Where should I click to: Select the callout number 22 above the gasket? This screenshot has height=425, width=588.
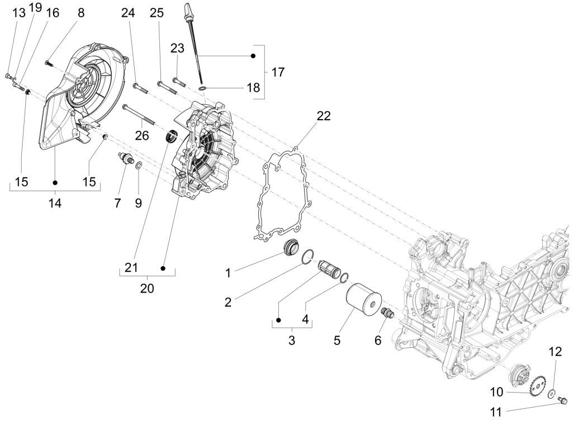(324, 116)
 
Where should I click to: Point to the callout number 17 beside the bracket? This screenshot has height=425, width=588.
(278, 72)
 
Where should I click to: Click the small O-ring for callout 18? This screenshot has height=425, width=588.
(204, 88)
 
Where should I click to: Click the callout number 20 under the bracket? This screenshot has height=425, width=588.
(147, 289)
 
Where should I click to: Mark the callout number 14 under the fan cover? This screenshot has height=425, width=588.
(55, 204)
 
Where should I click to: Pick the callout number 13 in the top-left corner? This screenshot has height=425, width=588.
(19, 13)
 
